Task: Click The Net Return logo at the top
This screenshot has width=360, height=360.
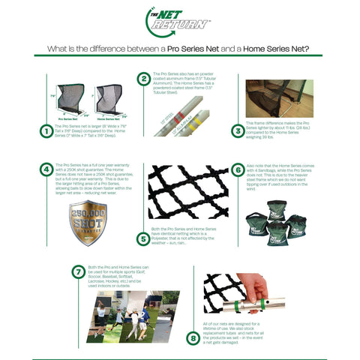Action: click(x=178, y=21)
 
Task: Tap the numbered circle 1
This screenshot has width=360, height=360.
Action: click(x=46, y=131)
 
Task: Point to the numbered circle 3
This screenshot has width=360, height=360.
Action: click(x=238, y=130)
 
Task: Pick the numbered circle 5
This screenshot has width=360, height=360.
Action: click(x=142, y=238)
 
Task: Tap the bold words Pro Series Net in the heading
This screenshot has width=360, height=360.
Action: click(x=193, y=49)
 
